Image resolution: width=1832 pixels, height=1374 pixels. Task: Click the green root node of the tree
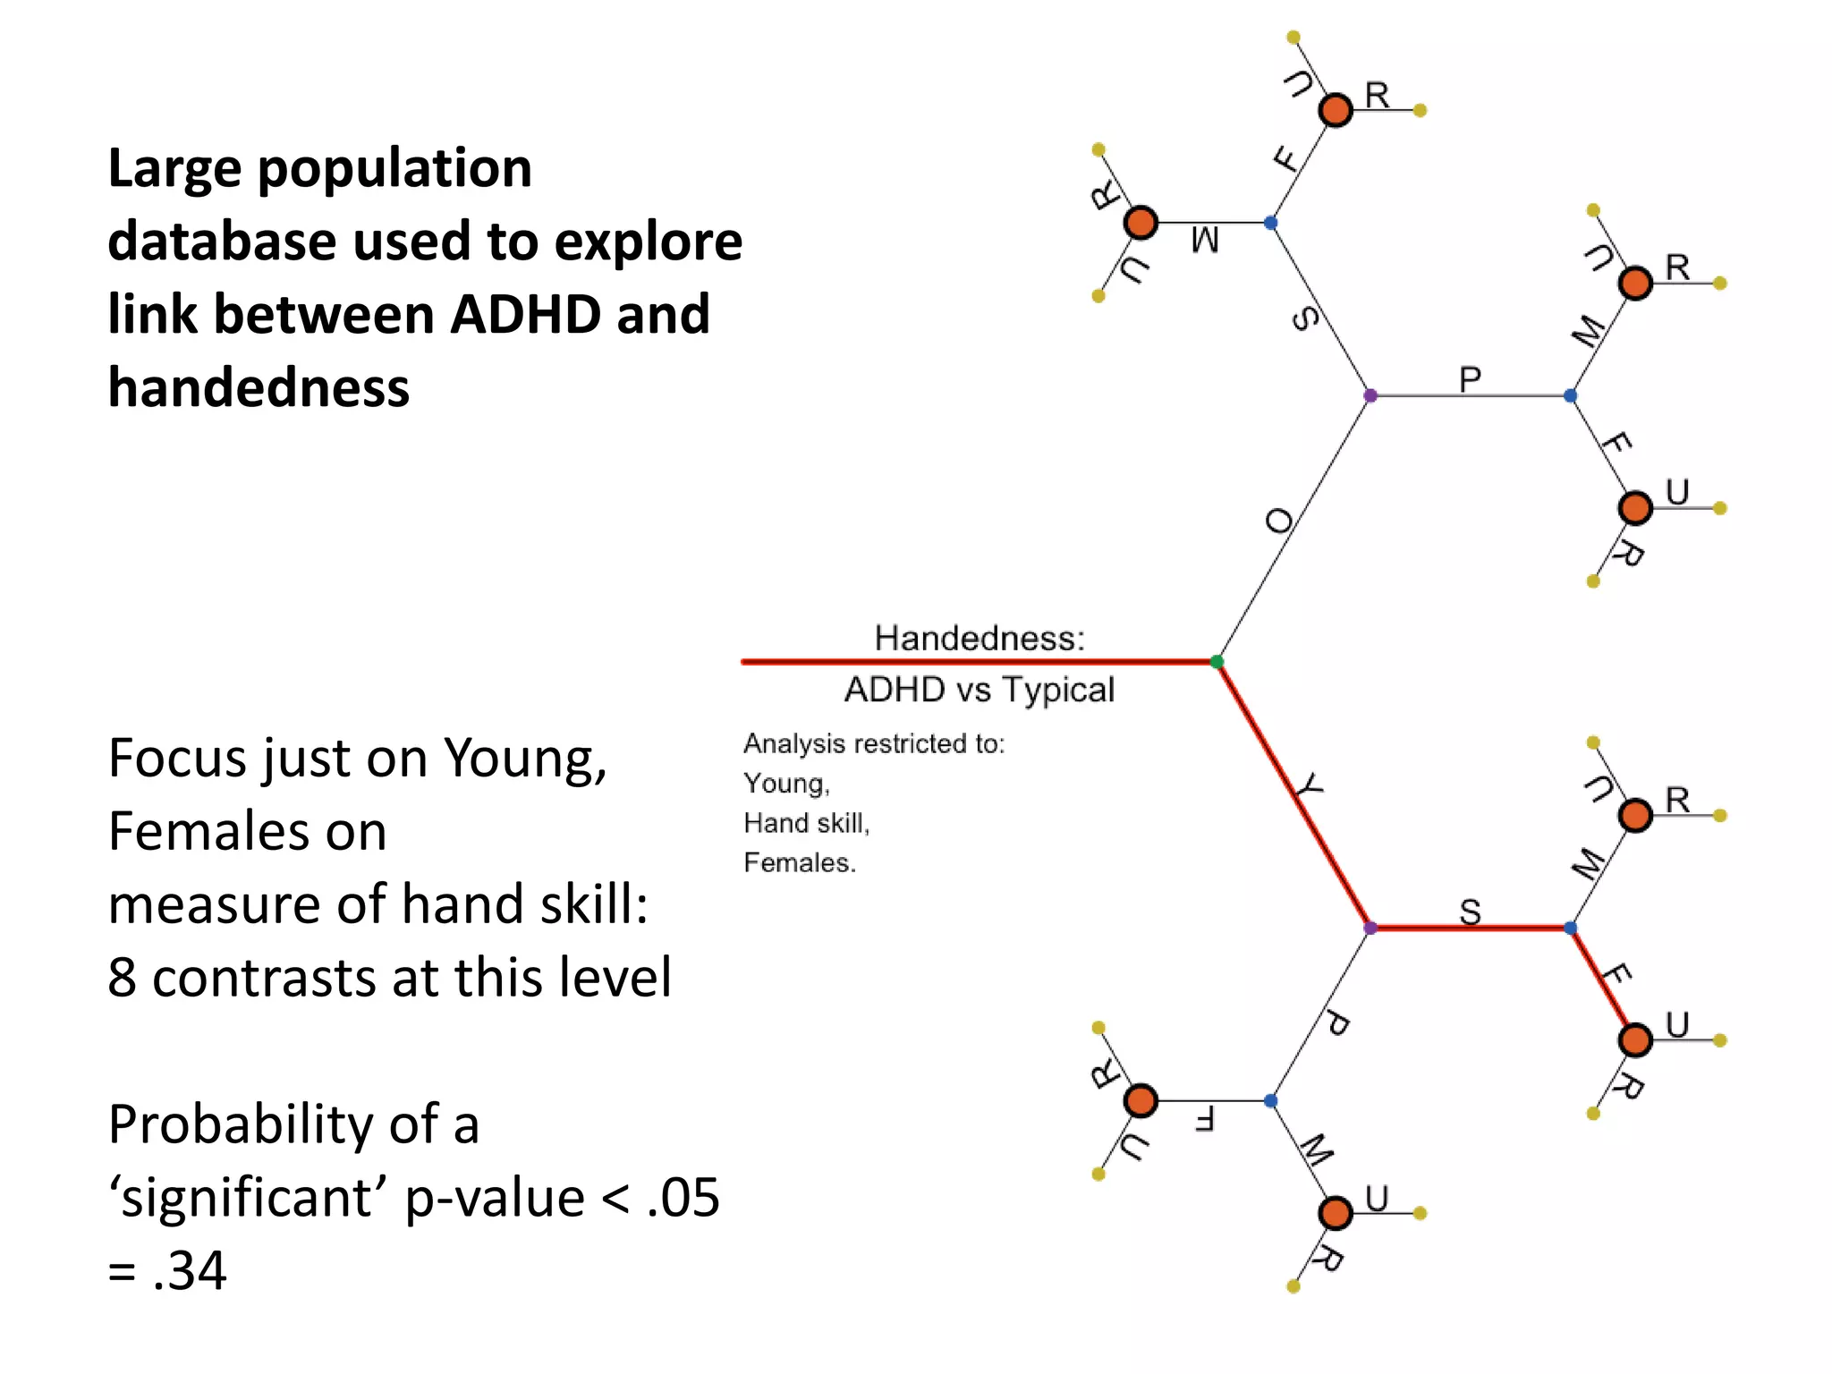1217,662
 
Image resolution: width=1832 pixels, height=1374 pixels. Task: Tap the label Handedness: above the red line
980,638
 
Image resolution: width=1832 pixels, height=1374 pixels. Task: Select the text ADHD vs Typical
980,690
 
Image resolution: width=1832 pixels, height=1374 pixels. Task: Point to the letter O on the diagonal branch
1280,521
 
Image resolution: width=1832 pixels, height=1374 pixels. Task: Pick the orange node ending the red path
1635,1040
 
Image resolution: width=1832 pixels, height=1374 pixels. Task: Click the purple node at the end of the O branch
1370,395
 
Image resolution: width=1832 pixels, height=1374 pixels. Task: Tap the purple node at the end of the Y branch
1370,928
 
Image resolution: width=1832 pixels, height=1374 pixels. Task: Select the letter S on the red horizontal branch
1471,912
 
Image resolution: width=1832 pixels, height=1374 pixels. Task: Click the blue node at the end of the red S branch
1570,928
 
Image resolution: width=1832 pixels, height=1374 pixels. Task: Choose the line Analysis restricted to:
874,743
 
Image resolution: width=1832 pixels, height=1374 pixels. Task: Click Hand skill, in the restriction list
806,823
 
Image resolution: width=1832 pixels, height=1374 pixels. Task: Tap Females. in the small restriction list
800,862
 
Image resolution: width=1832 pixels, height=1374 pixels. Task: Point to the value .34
189,1269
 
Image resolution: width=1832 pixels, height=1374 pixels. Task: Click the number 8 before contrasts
123,977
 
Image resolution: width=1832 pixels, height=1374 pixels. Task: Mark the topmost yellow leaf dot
1293,38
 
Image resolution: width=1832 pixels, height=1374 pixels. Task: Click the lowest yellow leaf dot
1293,1286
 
